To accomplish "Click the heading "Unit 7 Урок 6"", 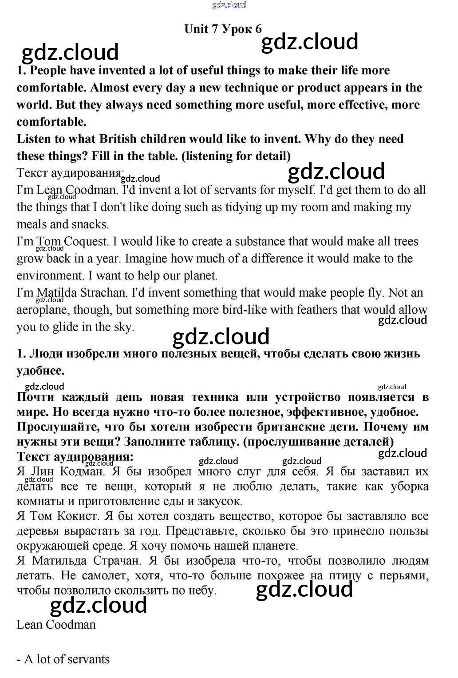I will (223, 29).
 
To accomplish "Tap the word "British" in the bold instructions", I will (118, 139).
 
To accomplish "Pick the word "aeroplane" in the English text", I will (42, 310).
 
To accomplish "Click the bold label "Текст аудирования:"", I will (75, 456).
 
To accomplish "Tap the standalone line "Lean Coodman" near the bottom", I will (56, 624).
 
